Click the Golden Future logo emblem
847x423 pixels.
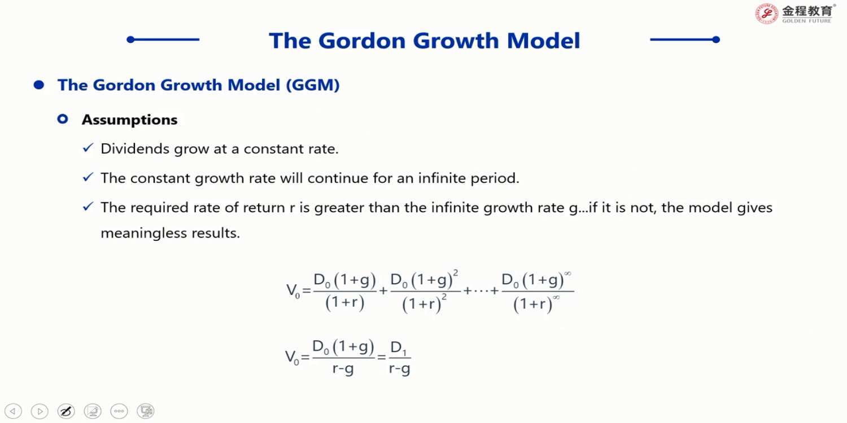(x=766, y=14)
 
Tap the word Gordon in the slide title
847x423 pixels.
(x=362, y=41)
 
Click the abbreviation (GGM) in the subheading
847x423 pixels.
(x=313, y=85)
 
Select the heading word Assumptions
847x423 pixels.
(x=130, y=120)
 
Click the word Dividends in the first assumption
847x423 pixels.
(x=135, y=148)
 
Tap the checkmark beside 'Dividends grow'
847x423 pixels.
(x=88, y=148)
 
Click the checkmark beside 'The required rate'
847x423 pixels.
(x=88, y=206)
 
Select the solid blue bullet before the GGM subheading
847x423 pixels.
(x=39, y=85)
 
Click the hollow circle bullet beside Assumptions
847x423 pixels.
(x=63, y=120)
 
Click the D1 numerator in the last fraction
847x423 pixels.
(x=398, y=347)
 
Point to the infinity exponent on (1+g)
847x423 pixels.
(x=567, y=274)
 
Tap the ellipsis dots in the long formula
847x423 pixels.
(x=481, y=291)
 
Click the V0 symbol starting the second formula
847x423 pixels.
(x=291, y=357)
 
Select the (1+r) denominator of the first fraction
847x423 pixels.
(x=345, y=302)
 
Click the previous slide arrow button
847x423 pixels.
(x=13, y=411)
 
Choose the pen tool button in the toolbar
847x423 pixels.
(x=66, y=411)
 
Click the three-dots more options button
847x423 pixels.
(x=119, y=411)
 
